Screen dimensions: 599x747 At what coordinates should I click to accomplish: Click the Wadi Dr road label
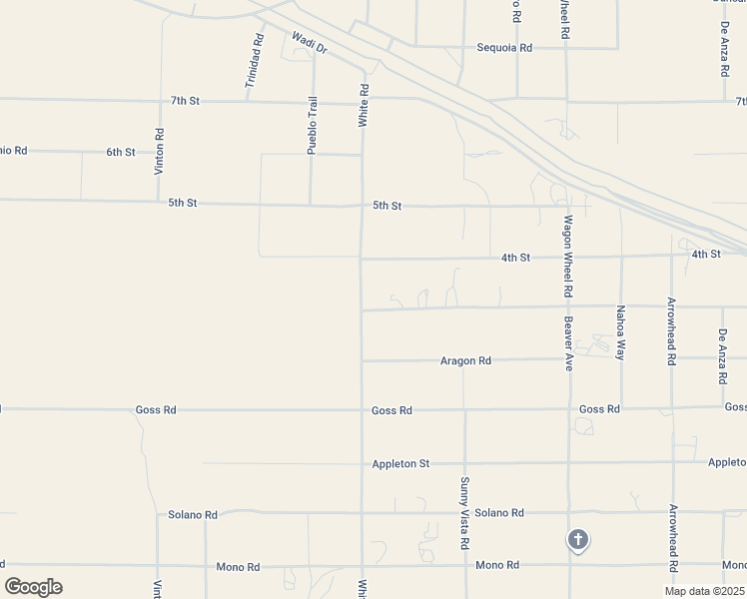click(310, 44)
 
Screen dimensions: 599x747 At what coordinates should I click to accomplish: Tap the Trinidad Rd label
click(259, 59)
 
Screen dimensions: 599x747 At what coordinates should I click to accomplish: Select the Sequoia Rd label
click(504, 47)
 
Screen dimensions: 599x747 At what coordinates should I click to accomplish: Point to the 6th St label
click(121, 152)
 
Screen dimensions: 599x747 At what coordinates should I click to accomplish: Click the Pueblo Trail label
click(312, 126)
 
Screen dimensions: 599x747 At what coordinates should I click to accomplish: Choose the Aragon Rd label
click(465, 360)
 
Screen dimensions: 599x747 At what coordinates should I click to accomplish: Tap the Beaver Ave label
click(568, 343)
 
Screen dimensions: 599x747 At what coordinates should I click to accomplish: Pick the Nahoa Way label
click(620, 332)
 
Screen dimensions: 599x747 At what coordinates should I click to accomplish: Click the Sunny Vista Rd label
click(464, 514)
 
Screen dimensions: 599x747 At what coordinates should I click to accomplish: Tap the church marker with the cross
click(577, 540)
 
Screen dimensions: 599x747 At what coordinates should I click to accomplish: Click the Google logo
click(33, 586)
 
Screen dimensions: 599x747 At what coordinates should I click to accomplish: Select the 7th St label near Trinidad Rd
click(186, 101)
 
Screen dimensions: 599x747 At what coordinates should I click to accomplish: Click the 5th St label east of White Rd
click(386, 206)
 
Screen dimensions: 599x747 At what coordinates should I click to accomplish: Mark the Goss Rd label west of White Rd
click(156, 409)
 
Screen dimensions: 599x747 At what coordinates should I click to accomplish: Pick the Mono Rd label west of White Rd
click(238, 566)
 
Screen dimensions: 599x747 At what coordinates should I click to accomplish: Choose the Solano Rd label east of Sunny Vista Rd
click(499, 513)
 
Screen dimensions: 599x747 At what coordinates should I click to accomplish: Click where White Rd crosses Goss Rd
click(362, 409)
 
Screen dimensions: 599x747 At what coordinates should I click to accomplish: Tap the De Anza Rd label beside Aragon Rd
click(722, 357)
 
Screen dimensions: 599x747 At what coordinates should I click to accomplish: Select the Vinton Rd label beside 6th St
click(159, 152)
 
